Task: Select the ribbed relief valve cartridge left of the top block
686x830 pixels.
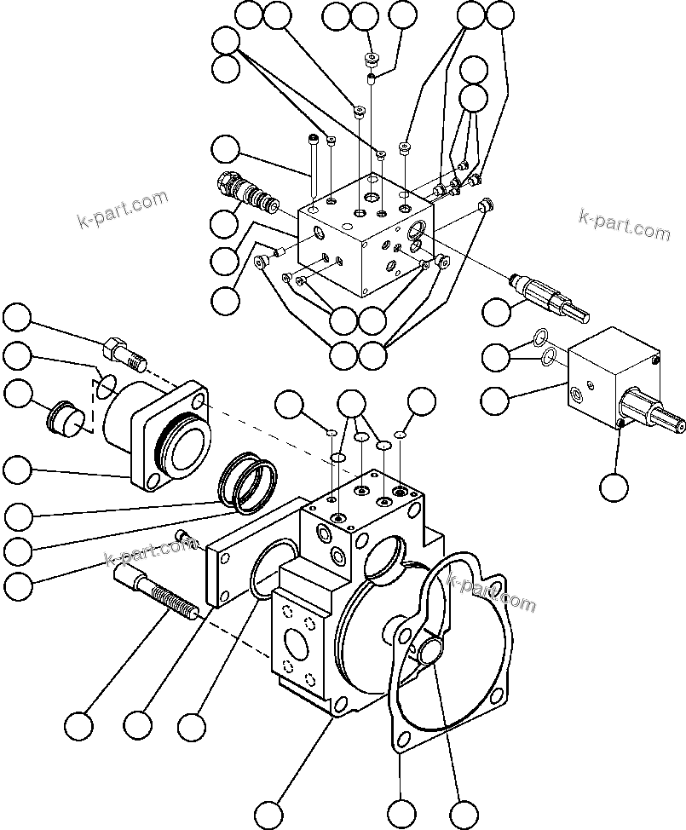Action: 249,195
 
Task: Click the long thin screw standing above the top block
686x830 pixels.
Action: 314,166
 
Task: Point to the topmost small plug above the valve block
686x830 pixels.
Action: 371,60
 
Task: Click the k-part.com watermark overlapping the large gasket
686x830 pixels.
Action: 491,593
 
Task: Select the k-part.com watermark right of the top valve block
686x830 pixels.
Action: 624,224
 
